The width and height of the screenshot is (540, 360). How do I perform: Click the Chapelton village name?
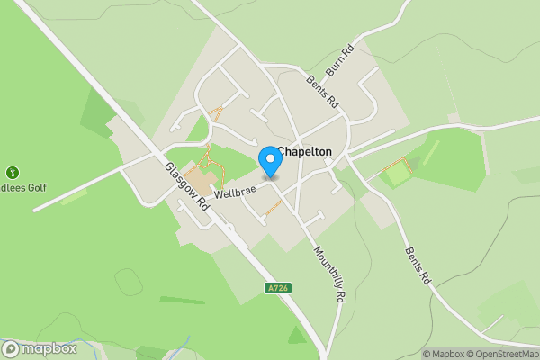click(x=306, y=152)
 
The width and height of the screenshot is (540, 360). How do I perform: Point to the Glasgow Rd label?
click(x=187, y=187)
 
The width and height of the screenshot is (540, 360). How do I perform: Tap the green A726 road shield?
click(x=278, y=288)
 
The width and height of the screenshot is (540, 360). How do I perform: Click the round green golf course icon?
click(x=12, y=172)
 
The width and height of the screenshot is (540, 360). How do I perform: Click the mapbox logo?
click(x=40, y=349)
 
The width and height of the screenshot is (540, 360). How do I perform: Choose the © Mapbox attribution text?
click(x=445, y=354)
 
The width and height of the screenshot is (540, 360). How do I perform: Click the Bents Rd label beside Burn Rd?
click(x=321, y=90)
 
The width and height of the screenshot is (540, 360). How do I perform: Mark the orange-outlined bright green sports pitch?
click(x=398, y=172)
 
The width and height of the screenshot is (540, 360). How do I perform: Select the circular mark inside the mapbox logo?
click(x=12, y=349)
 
